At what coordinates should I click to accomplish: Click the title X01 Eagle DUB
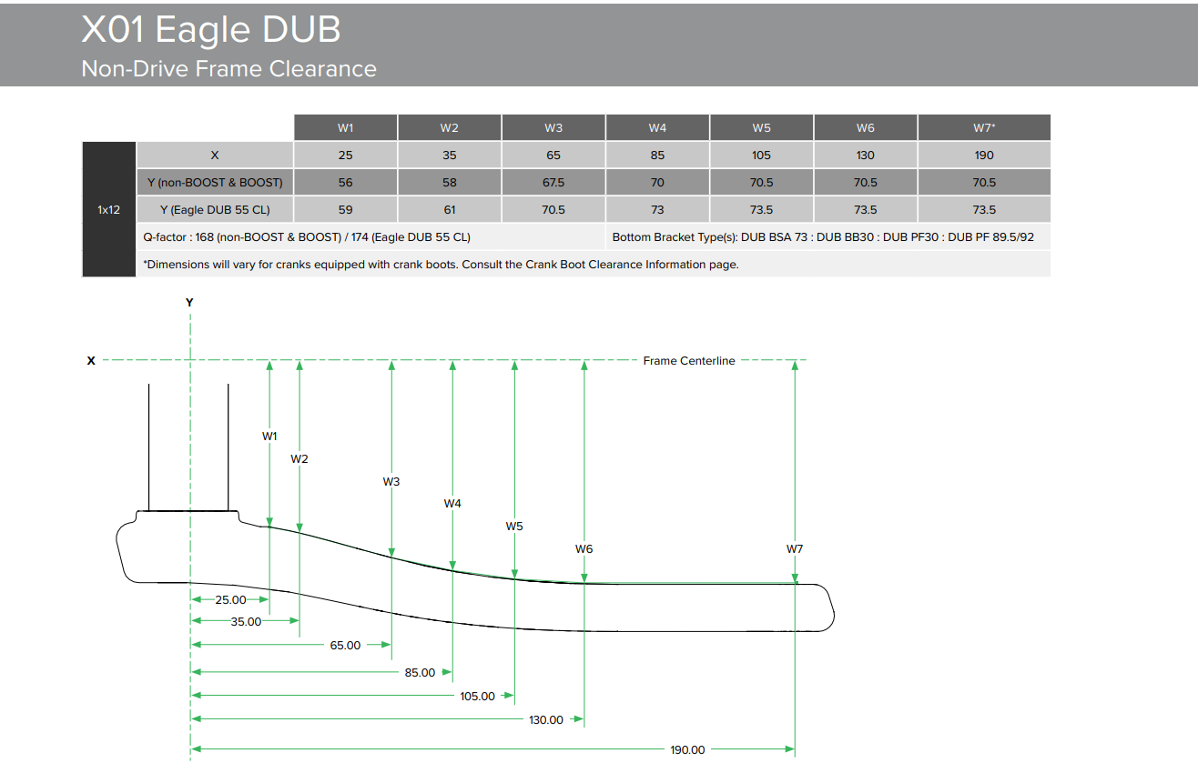point(210,30)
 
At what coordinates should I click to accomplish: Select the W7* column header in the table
point(983,128)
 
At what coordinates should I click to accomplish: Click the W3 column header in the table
point(553,128)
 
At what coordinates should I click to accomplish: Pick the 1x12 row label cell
point(108,209)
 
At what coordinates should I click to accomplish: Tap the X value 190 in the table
point(983,156)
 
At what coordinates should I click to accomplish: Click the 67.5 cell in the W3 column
point(553,183)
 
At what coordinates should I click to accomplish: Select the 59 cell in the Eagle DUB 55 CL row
point(345,210)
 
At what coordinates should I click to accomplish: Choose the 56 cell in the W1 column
point(345,183)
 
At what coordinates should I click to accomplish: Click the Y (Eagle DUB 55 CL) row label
point(215,210)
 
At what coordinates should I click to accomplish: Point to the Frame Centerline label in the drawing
point(688,361)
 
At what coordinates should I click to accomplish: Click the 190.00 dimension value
point(687,750)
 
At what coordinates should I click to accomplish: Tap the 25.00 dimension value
point(230,600)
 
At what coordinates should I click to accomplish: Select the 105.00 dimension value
point(477,697)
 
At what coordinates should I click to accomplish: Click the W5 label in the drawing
point(514,527)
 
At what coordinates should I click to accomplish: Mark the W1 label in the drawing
point(269,437)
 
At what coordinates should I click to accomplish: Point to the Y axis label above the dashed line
point(189,302)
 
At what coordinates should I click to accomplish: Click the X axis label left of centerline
point(91,361)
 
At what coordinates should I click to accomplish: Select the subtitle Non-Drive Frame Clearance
point(228,69)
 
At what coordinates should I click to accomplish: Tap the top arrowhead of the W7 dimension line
point(795,366)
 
